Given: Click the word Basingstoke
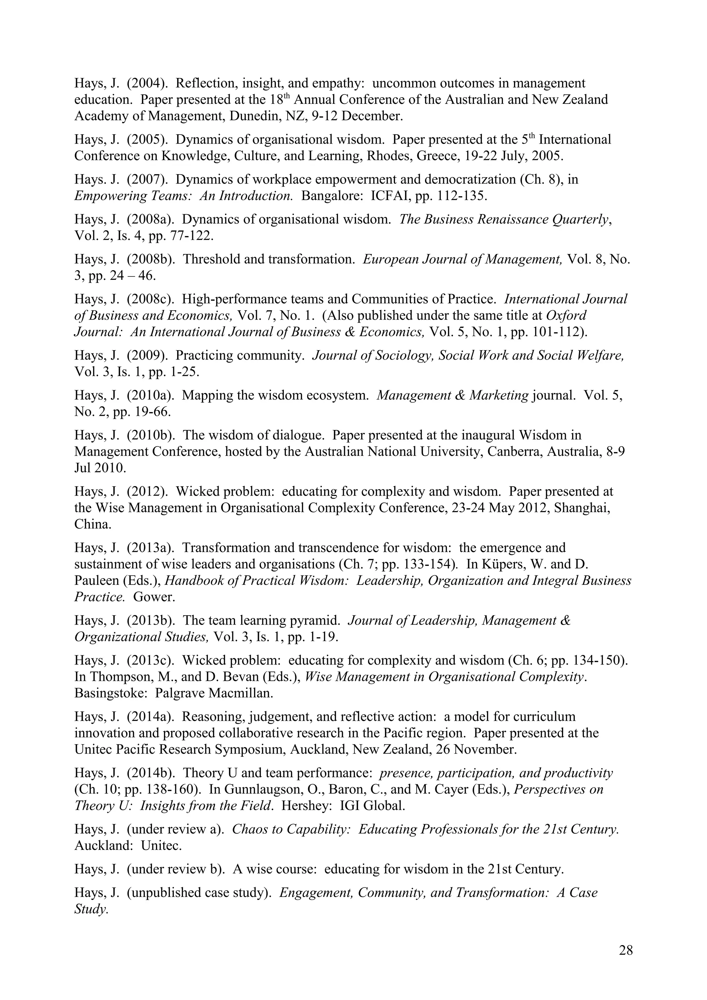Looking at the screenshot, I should pos(109,693).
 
